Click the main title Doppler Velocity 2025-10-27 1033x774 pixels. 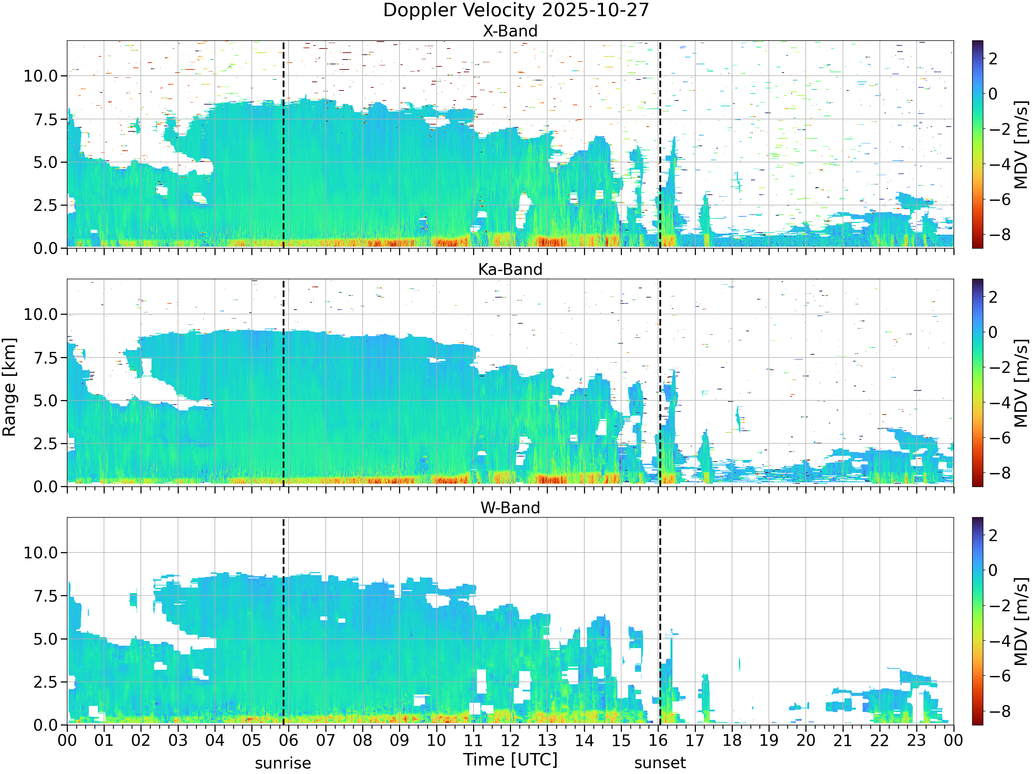coord(516,10)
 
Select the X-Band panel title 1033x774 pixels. coord(510,31)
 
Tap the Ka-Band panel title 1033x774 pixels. coord(510,269)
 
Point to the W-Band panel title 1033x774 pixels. coord(510,508)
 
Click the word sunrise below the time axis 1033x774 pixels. coord(283,763)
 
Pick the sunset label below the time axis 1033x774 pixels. coord(660,763)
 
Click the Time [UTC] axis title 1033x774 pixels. coord(510,760)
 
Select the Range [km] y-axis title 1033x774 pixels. coord(9,387)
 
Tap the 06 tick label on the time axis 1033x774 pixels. coord(289,740)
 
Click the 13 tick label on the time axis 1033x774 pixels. coord(547,740)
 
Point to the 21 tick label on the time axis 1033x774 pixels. coord(843,740)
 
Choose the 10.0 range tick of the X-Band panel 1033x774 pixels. coord(41,76)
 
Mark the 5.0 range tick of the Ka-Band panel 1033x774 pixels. coord(45,401)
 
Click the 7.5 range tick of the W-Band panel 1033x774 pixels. coord(45,596)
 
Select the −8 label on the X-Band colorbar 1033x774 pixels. coord(999,234)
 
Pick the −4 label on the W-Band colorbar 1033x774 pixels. coord(999,641)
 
